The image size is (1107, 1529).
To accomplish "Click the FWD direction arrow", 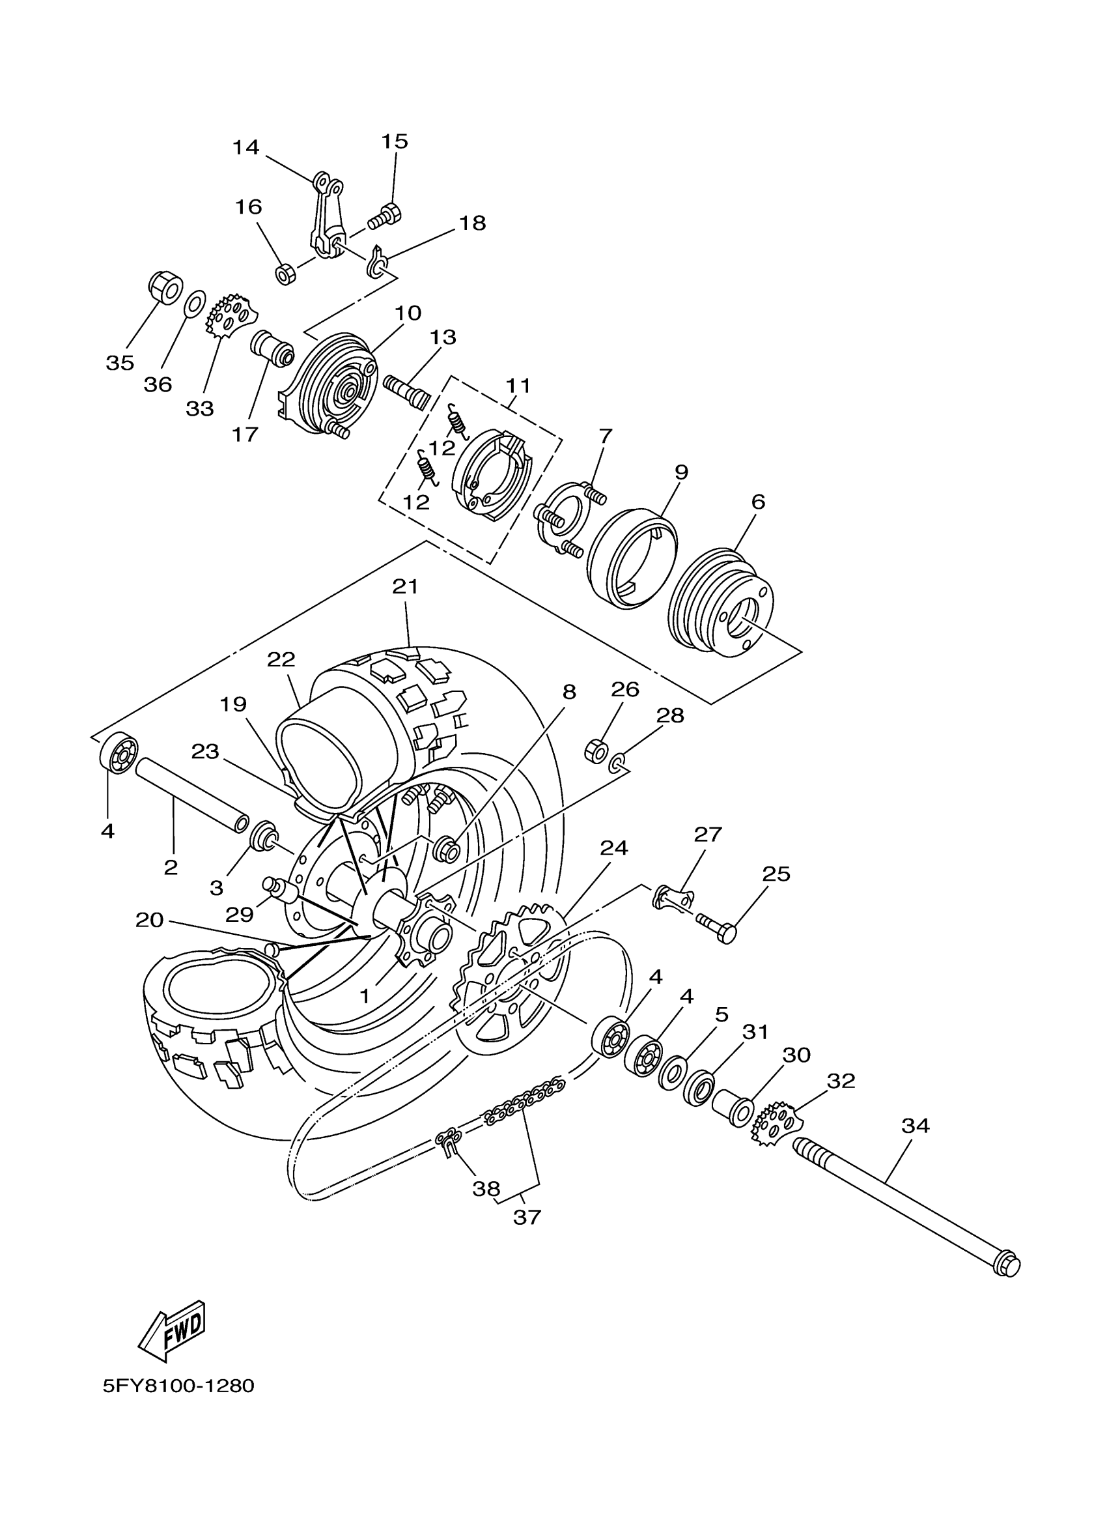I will tap(172, 1331).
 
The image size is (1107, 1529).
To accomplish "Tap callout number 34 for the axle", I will tap(916, 1125).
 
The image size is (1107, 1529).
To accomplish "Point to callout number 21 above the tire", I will tap(406, 586).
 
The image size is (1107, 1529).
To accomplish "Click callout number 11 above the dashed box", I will tap(518, 386).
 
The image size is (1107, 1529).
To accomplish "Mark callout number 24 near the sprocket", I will tap(614, 848).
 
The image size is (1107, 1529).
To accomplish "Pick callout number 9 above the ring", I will tap(681, 472).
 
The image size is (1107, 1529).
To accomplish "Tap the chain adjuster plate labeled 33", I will tap(231, 320).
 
